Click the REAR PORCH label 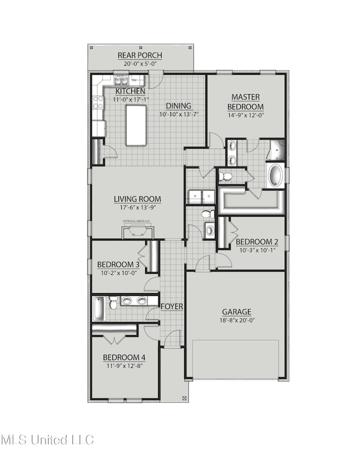coord(140,55)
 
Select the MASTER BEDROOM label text coord(246,102)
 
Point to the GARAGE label coord(236,312)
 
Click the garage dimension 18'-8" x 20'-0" coord(236,320)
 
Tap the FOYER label coord(172,306)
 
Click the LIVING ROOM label coord(137,199)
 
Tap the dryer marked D coord(209,197)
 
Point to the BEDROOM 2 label coord(256,242)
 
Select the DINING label coord(178,106)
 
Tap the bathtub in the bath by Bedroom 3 coord(99,309)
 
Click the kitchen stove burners coord(98,101)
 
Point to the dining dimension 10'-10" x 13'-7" coord(178,114)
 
